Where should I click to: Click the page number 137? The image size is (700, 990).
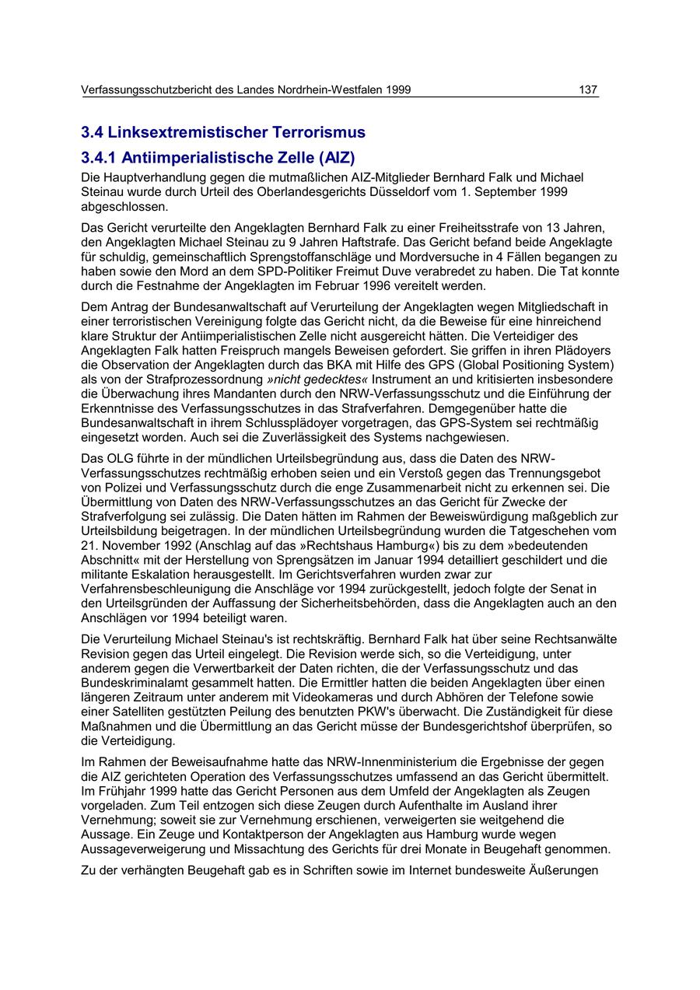(588, 89)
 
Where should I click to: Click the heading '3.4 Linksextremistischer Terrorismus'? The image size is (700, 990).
(223, 132)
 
